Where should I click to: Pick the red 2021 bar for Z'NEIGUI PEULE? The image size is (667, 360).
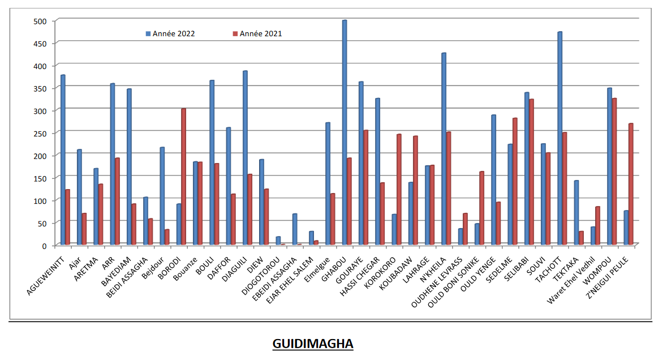(631, 184)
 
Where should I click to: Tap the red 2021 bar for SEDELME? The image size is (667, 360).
(515, 182)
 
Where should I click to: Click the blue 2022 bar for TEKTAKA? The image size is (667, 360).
(576, 213)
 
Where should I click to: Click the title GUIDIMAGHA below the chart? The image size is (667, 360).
(313, 344)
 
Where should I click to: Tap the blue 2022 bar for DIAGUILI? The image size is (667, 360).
(245, 158)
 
